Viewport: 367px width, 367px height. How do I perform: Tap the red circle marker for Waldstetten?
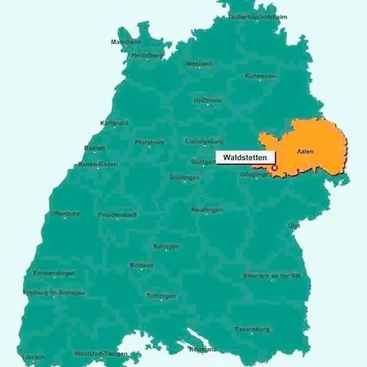(275, 168)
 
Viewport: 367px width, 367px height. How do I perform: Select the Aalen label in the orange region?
(304, 152)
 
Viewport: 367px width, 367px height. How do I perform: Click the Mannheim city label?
(126, 42)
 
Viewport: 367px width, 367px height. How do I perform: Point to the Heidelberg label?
(147, 55)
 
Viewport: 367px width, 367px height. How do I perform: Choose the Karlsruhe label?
(113, 122)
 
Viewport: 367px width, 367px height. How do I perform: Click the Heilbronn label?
(207, 100)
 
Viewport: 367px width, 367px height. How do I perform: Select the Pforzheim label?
(149, 142)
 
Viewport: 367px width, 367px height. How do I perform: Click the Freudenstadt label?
(117, 214)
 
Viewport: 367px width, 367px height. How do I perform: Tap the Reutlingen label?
(207, 210)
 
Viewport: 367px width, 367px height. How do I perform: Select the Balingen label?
(166, 245)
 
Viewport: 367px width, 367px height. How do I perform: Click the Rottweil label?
(142, 265)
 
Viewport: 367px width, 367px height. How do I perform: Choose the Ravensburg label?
(251, 329)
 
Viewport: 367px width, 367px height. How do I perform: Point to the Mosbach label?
(199, 64)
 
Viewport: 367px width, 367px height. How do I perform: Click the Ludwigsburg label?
(204, 140)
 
